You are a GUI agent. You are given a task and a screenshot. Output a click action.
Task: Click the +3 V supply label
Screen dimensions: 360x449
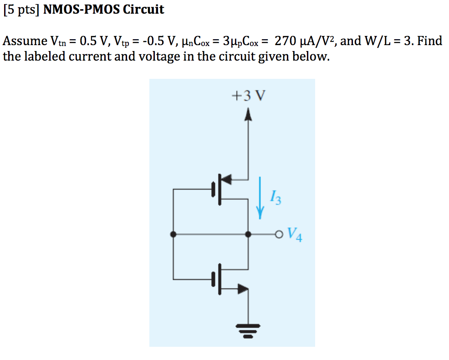coord(248,96)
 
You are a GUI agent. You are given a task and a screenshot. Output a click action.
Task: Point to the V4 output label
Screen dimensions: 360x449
coord(295,236)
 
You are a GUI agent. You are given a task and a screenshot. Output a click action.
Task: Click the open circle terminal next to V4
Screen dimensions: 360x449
coord(279,235)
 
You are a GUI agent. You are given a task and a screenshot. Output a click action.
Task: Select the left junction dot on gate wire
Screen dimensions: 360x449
coord(173,234)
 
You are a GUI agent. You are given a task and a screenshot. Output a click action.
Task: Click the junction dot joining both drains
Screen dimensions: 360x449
coord(248,234)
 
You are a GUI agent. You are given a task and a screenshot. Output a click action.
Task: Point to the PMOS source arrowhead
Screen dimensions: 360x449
coord(226,179)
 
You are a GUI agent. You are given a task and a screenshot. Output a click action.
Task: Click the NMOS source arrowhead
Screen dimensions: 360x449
coord(243,288)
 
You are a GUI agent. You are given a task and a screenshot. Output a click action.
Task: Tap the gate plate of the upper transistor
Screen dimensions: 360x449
coord(213,189)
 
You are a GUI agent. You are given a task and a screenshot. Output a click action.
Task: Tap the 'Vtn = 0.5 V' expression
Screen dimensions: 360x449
coord(77,41)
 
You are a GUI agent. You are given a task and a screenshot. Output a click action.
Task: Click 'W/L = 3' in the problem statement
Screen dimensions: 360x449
coord(388,41)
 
